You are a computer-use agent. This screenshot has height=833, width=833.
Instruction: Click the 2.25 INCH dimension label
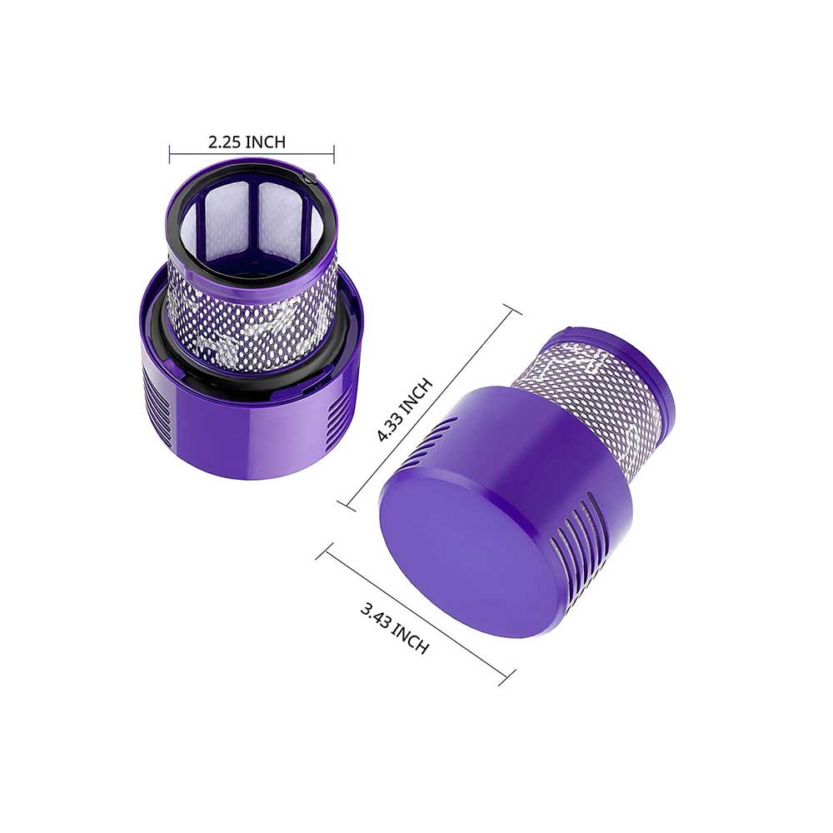point(247,142)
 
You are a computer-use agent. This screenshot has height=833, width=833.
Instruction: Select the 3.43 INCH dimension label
point(395,628)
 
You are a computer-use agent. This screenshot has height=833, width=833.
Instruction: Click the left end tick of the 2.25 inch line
point(170,152)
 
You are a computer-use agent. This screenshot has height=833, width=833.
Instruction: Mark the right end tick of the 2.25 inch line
point(334,152)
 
